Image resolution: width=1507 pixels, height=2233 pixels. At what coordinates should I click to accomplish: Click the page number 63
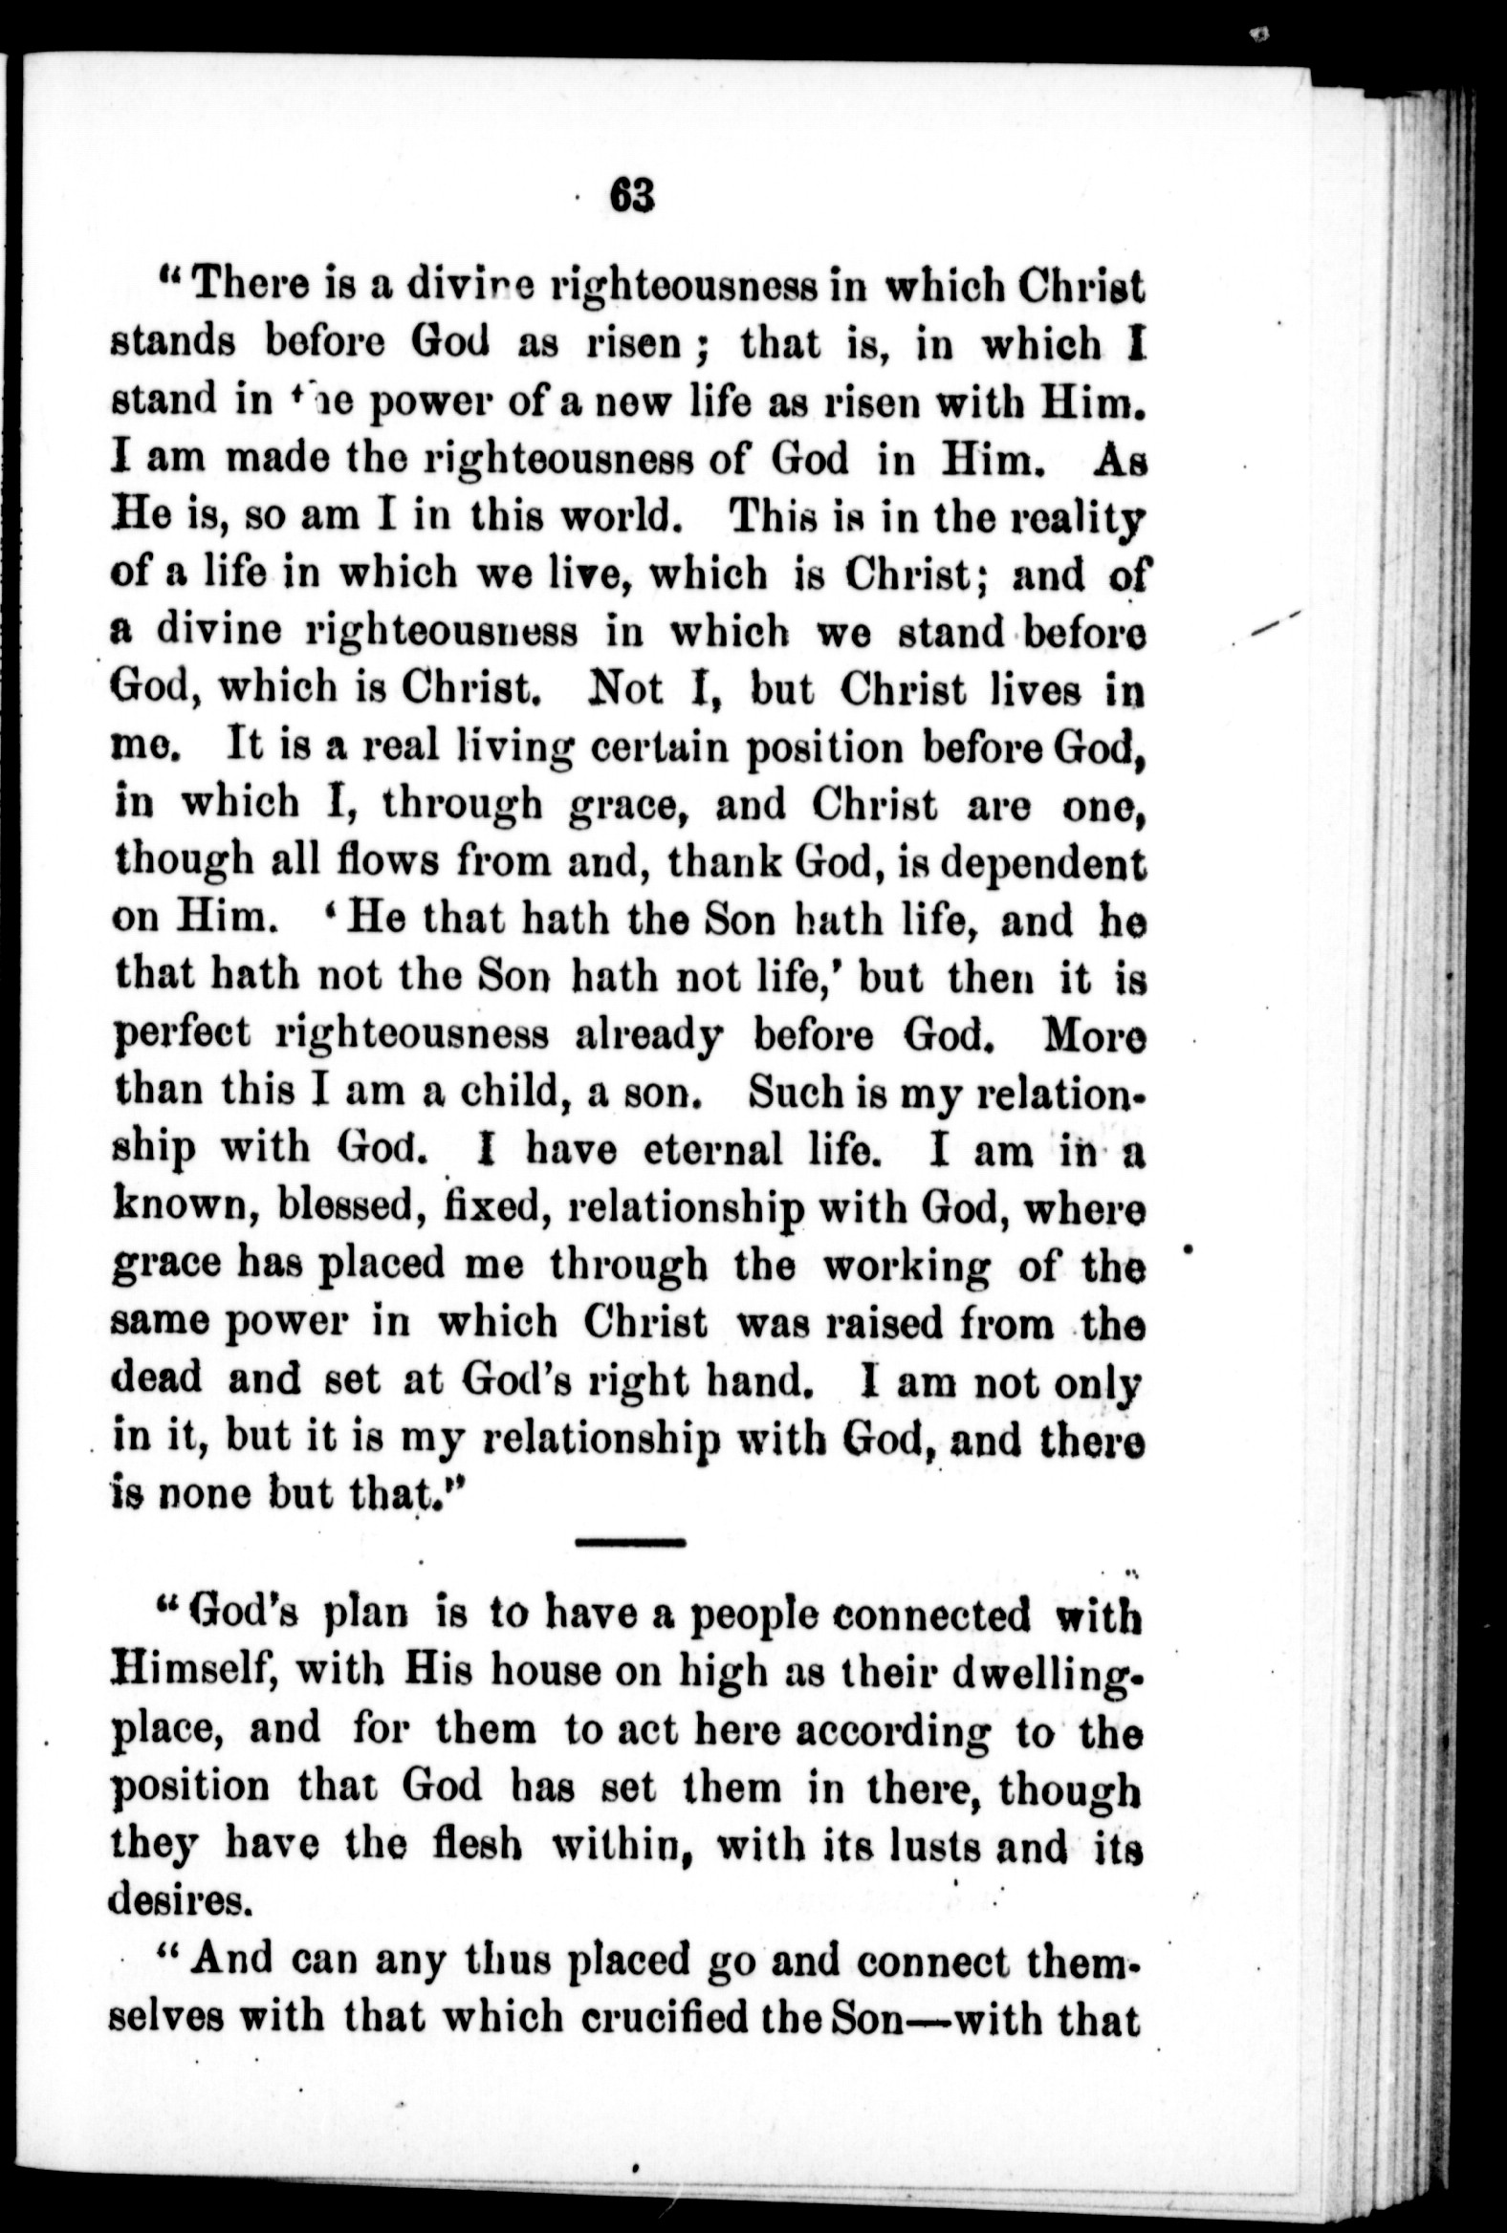(630, 196)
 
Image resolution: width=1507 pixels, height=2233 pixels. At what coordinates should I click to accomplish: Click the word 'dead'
(157, 1378)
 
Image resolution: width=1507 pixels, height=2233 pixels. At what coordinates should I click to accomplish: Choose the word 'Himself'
(194, 1673)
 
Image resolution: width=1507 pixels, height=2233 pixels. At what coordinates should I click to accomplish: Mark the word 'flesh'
(462, 1846)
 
